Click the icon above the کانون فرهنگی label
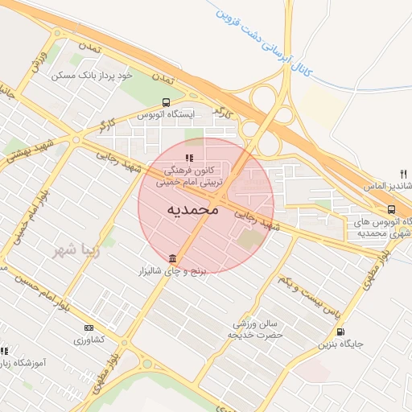pos(190,158)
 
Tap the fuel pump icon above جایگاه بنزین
pos(340,332)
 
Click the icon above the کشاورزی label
pos(89,328)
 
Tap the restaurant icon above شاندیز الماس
pos(403,173)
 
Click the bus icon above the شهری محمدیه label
pos(391,209)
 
